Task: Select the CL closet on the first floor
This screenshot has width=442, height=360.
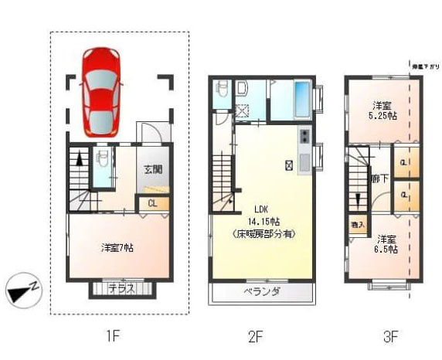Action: click(x=152, y=203)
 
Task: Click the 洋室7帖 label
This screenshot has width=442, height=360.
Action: click(x=118, y=248)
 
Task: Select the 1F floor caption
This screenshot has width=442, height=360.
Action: click(x=113, y=336)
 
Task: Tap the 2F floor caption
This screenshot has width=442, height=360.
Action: click(x=256, y=336)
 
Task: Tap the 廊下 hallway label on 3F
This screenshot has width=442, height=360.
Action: click(x=379, y=179)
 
